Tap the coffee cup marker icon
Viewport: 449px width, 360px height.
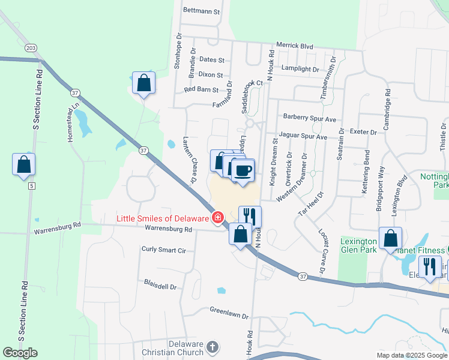pos(243,170)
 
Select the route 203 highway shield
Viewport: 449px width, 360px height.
pos(31,47)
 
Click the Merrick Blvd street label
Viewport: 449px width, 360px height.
pos(295,45)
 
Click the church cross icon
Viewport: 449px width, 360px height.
pos(212,347)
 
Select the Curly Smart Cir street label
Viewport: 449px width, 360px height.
pos(164,249)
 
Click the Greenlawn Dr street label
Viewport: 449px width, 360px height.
pos(228,310)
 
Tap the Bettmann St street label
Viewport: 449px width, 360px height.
pos(202,11)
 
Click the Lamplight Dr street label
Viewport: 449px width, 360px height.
pos(300,69)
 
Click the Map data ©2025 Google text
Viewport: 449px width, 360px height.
pos(412,355)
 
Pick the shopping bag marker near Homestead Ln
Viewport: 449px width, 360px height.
pos(143,83)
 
